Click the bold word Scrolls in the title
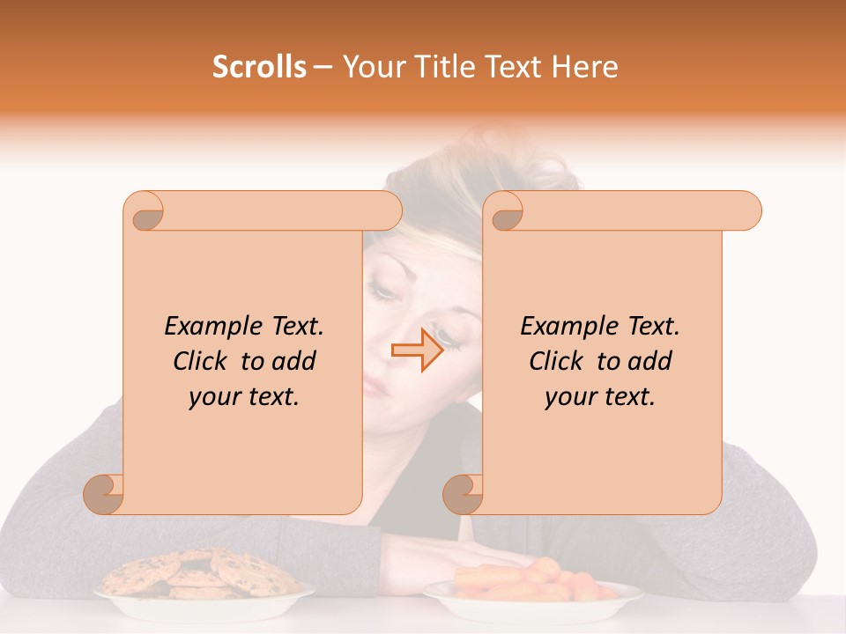(259, 67)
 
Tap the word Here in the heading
(584, 67)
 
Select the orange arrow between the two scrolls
(417, 350)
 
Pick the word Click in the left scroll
(203, 361)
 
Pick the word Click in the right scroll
(559, 361)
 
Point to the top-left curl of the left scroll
(144, 211)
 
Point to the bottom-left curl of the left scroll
(104, 494)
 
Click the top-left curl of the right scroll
(505, 211)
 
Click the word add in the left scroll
(293, 361)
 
